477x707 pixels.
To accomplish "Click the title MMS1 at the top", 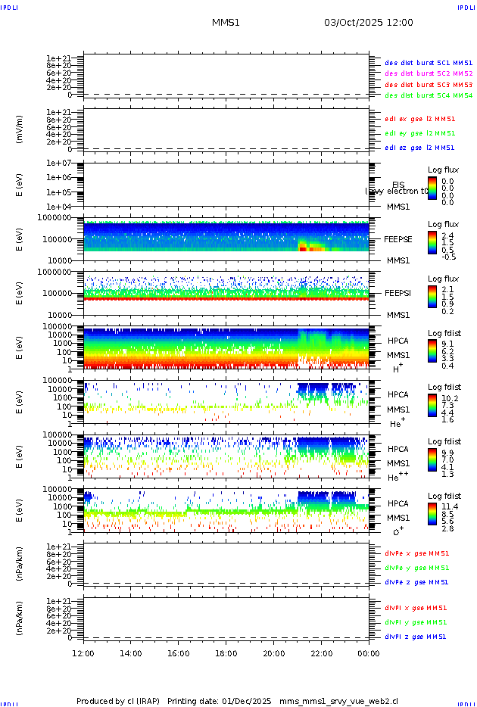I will (x=226, y=23).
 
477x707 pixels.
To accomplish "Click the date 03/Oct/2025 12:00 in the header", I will (x=368, y=23).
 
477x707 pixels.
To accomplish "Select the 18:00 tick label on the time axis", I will (x=226, y=652).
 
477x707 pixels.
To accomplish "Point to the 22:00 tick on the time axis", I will (x=321, y=652).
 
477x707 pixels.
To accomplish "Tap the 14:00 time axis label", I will (x=131, y=652).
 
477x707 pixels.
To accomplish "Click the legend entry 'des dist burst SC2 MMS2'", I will (x=429, y=73).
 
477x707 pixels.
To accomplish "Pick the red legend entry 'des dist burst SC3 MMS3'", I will (x=429, y=85).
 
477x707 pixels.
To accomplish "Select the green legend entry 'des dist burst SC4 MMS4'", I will (x=429, y=96).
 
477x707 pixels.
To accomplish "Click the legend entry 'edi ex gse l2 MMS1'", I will (x=419, y=119).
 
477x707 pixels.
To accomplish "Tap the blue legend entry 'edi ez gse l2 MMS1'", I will (x=419, y=148).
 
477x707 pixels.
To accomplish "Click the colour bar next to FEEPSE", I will (x=432, y=244).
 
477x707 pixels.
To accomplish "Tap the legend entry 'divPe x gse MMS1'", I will (x=416, y=553).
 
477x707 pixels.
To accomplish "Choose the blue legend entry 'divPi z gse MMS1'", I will (x=416, y=637).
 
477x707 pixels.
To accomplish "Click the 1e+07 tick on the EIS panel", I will (x=58, y=164).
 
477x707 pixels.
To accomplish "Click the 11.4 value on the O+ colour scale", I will (x=448, y=506).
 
